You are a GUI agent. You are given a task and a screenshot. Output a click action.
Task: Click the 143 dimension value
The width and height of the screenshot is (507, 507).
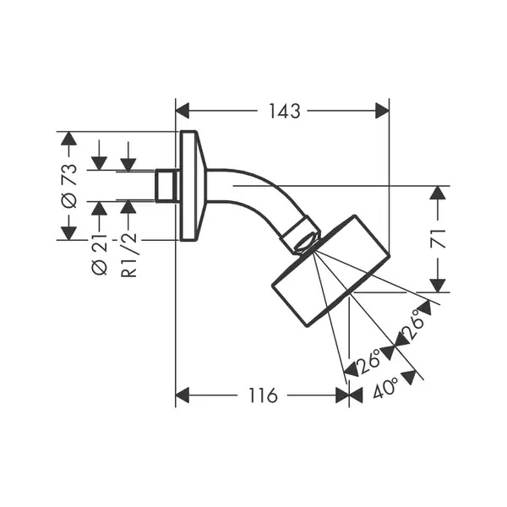pyautogui.click(x=285, y=111)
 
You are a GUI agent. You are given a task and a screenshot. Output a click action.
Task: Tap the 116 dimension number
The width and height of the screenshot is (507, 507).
pyautogui.click(x=263, y=395)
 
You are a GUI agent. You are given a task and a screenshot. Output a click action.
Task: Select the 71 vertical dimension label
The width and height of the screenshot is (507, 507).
pyautogui.click(x=438, y=238)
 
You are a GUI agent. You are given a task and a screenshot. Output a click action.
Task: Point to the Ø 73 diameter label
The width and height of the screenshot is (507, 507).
pyautogui.click(x=69, y=186)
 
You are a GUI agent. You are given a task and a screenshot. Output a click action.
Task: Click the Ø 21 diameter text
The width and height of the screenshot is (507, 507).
pyautogui.click(x=99, y=254)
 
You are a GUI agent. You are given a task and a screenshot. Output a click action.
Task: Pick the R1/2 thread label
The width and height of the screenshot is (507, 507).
pyautogui.click(x=128, y=255)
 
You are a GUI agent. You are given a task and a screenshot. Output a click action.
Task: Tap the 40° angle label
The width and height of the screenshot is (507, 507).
pyautogui.click(x=385, y=387)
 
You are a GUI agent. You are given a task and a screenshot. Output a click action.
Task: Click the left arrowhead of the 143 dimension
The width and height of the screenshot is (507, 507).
pyautogui.click(x=182, y=111)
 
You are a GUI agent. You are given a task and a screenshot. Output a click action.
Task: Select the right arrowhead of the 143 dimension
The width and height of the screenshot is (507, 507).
pyautogui.click(x=382, y=111)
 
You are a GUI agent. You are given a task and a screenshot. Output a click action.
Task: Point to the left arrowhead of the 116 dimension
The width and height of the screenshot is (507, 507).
pyautogui.click(x=182, y=395)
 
